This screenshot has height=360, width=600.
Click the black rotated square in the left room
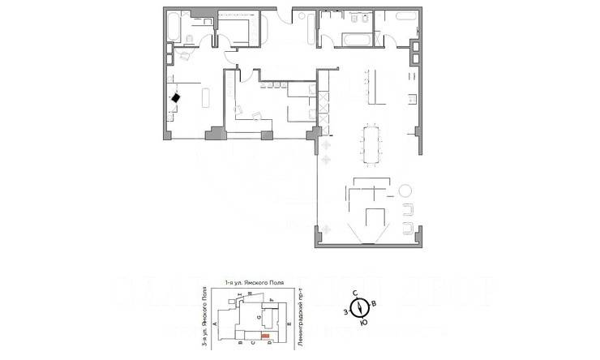pyautogui.click(x=176, y=97)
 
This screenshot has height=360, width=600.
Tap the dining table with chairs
pyautogui.click(x=373, y=144)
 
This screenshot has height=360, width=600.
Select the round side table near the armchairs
pyautogui.click(x=405, y=191)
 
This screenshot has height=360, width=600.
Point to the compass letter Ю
pyautogui.click(x=362, y=323)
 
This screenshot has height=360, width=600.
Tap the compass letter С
pyautogui.click(x=354, y=293)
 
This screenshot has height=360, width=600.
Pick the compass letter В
pyautogui.click(x=372, y=304)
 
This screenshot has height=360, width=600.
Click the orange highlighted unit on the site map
pyautogui.click(x=264, y=335)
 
